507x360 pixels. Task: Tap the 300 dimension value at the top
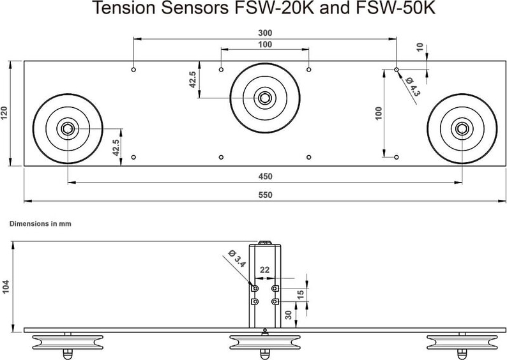264,32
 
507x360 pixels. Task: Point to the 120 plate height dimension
4,114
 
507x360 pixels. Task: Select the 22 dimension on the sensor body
264,270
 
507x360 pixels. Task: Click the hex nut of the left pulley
66,128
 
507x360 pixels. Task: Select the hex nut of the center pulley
264,98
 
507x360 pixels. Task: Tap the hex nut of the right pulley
462,128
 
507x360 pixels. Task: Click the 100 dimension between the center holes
264,44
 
